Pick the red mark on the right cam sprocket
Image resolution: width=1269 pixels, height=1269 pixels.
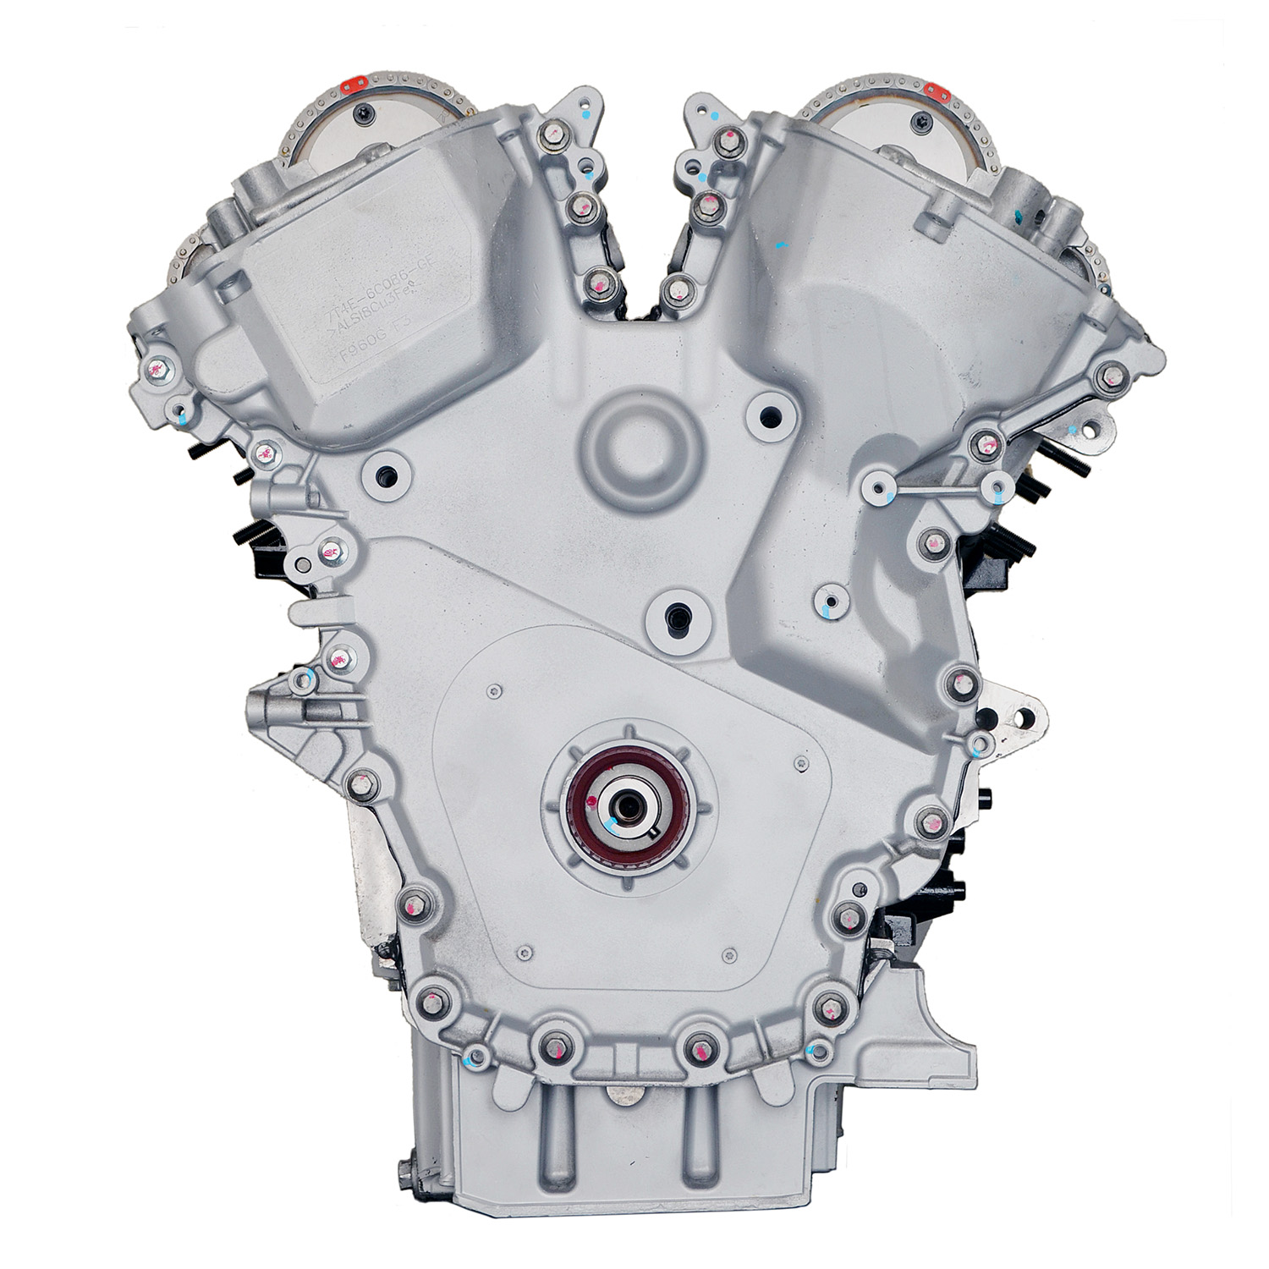click(934, 88)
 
